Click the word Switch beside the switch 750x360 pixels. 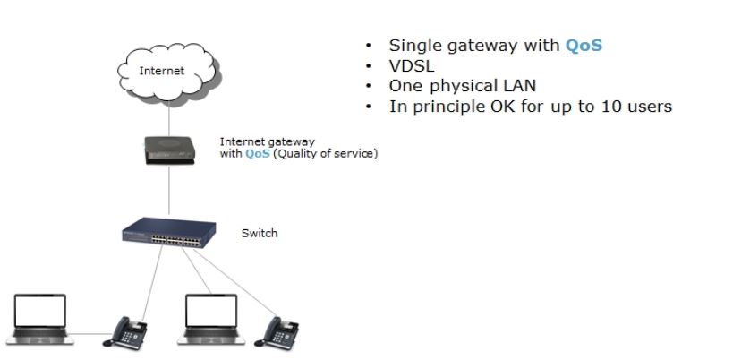pos(260,234)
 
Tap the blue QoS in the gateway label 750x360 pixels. pos(257,154)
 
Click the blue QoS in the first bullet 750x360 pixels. pos(584,46)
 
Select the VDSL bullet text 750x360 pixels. pos(411,66)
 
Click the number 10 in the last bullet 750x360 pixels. pos(610,107)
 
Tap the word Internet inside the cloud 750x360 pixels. pos(162,71)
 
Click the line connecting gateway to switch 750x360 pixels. pos(168,193)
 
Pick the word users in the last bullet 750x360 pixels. pos(649,107)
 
